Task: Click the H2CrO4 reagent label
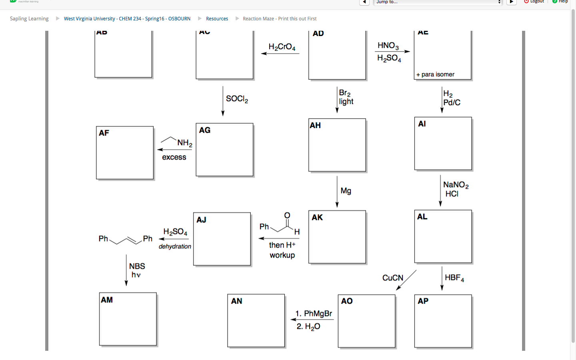click(x=282, y=47)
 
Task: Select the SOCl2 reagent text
click(x=237, y=99)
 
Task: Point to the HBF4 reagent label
click(x=454, y=278)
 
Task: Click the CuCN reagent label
click(x=392, y=278)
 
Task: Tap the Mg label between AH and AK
click(x=346, y=191)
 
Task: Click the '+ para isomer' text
click(x=435, y=74)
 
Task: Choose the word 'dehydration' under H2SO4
click(x=175, y=246)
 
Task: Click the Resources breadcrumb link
click(x=217, y=19)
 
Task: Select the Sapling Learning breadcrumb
click(x=29, y=19)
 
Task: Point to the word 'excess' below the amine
click(x=174, y=157)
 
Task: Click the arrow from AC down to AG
click(x=223, y=101)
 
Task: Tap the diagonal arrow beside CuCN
click(x=406, y=280)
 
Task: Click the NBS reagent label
click(x=137, y=266)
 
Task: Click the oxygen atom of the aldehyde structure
click(x=287, y=216)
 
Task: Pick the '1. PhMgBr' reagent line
click(x=314, y=314)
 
